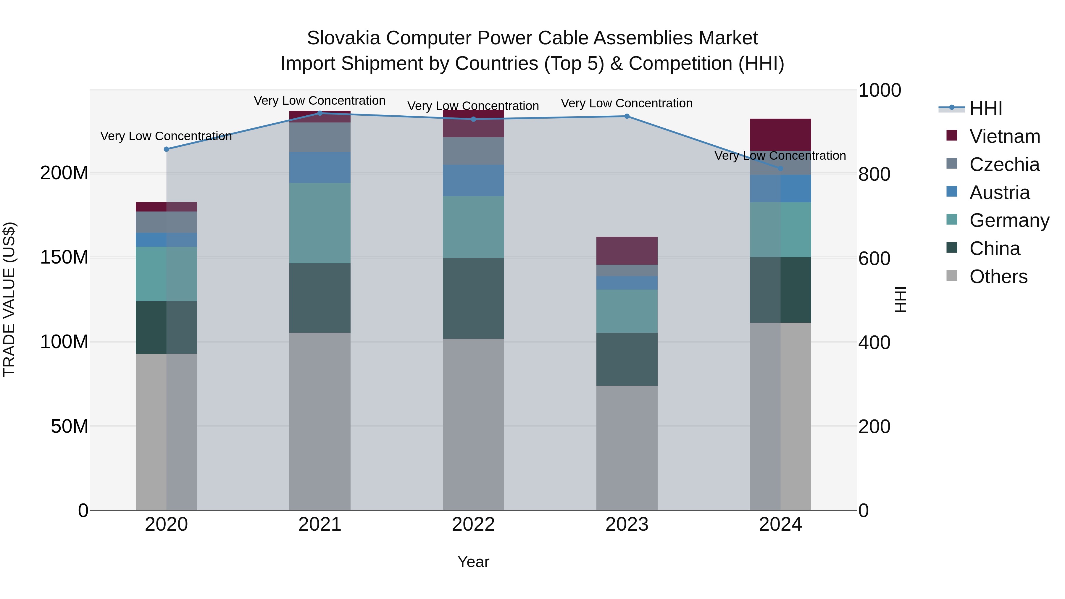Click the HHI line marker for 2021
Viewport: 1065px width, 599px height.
[x=319, y=113]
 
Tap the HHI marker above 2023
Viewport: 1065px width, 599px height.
[x=627, y=116]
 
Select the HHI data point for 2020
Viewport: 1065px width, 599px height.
[x=166, y=149]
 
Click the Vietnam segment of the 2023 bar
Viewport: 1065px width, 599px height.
[x=627, y=251]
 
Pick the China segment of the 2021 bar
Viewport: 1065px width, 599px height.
[x=319, y=298]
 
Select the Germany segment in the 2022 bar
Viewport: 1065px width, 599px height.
[x=473, y=227]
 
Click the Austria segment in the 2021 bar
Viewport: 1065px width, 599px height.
[x=319, y=167]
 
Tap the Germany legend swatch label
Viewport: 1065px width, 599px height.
[x=1009, y=220]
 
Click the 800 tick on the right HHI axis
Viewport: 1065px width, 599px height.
[x=874, y=174]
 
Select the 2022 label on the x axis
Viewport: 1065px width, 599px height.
[x=473, y=524]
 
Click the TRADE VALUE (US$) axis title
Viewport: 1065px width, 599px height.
[x=9, y=299]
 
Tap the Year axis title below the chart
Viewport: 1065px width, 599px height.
[x=473, y=562]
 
